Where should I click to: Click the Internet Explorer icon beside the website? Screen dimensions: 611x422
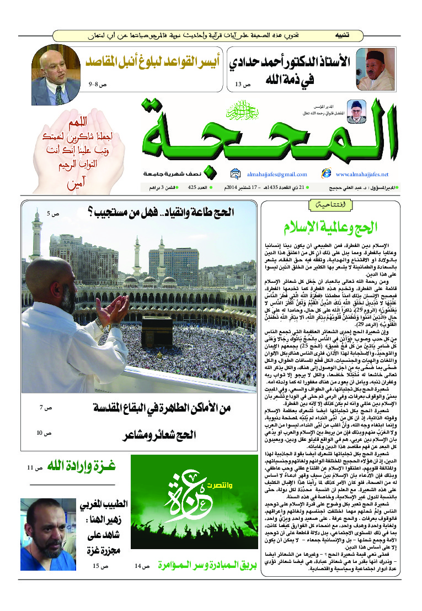[326, 173]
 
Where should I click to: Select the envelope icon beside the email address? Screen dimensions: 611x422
[236, 173]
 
